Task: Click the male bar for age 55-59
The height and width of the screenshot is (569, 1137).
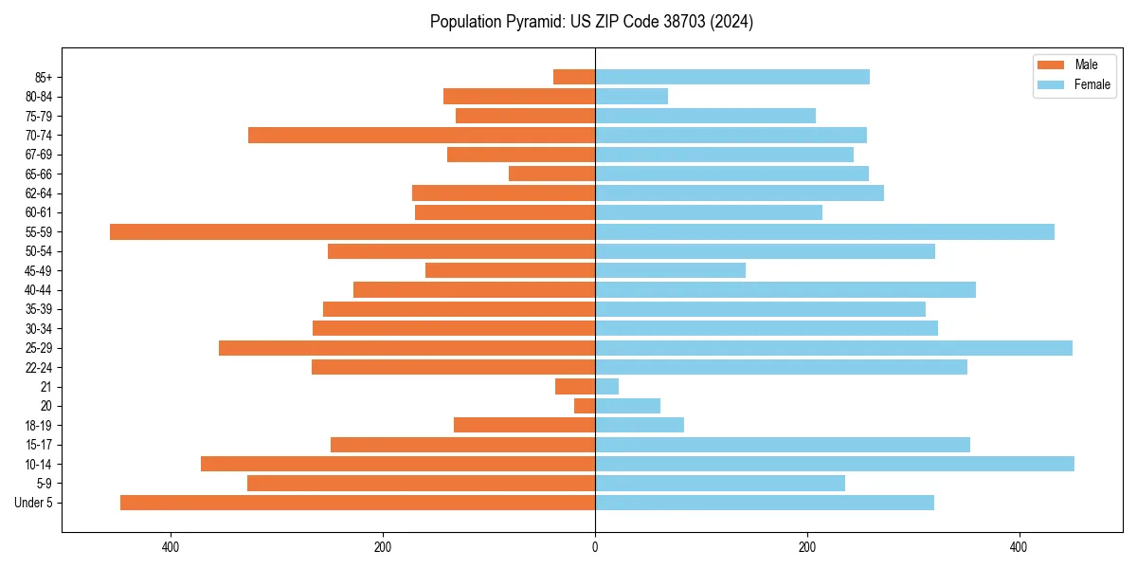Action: coord(352,231)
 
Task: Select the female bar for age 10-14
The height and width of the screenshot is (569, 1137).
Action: coord(835,464)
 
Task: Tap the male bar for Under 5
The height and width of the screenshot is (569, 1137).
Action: coord(357,503)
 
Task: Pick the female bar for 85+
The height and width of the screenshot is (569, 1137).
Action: coord(732,77)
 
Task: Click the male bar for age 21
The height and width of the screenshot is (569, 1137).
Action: coord(575,386)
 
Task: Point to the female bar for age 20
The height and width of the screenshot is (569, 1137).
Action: coord(627,406)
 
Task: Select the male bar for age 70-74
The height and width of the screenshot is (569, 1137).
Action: coord(422,135)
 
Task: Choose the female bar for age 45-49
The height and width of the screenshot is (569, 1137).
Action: coord(670,270)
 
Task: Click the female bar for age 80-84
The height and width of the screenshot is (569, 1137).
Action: coord(631,96)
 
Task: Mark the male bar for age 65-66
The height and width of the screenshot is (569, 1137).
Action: coord(551,174)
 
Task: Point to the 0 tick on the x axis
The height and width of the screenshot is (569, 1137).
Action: coord(595,547)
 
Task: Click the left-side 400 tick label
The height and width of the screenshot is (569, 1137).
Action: coord(171,547)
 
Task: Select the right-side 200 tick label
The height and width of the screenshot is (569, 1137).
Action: coord(807,547)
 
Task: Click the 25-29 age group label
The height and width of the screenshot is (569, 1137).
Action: coord(39,348)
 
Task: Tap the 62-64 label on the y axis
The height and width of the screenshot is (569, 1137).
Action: coord(39,193)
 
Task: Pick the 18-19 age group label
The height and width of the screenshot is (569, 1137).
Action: coord(39,426)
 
